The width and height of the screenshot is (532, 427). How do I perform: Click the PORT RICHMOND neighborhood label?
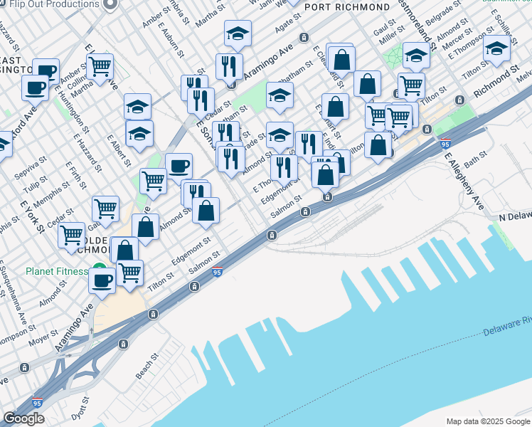click(346, 7)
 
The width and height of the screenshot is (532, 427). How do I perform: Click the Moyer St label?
click(45, 337)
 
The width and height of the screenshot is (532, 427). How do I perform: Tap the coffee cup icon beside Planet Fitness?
click(102, 280)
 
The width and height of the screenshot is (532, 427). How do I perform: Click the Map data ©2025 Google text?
click(487, 421)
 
